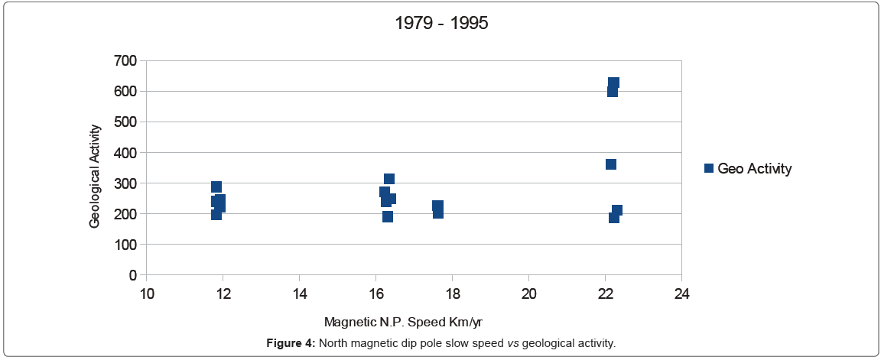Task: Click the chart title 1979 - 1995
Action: point(441,23)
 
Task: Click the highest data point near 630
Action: point(613,83)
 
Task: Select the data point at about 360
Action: point(611,164)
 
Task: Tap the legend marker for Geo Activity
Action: point(708,168)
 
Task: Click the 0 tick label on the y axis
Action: point(132,275)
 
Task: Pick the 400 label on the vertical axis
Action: point(125,153)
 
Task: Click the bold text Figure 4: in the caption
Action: point(291,343)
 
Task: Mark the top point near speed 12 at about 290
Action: point(216,186)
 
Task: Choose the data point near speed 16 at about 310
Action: point(389,179)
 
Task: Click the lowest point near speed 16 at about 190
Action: point(388,216)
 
